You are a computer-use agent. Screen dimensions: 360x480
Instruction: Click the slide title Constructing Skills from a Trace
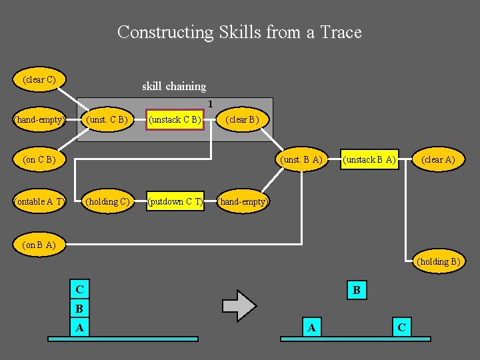pos(239,32)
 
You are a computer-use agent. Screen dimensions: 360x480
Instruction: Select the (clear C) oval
pos(39,80)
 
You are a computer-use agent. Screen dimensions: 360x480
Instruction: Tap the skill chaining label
pos(174,86)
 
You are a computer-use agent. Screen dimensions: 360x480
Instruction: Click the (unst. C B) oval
pos(107,120)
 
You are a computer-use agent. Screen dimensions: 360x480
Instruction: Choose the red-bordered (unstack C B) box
pos(175,120)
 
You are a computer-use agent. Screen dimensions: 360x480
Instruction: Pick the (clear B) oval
pos(242,120)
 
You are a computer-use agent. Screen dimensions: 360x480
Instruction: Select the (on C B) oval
pos(39,160)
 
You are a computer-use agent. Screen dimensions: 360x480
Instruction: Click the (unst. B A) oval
pos(302,160)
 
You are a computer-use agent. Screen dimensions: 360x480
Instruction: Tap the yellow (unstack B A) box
pos(369,160)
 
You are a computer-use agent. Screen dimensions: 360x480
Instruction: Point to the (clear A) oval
pos(438,160)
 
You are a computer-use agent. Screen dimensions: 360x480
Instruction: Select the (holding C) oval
pos(107,201)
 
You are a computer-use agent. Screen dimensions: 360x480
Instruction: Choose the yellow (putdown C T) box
pos(175,201)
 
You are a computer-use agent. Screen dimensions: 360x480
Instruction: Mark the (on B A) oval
pos(39,245)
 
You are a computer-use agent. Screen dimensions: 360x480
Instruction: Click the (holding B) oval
pos(438,261)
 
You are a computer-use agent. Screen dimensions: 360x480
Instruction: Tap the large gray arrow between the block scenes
pos(239,306)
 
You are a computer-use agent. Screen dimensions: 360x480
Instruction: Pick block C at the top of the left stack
pos(80,290)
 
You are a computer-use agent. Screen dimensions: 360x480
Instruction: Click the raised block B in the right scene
pos(357,290)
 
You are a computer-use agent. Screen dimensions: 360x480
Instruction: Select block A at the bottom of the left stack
pos(80,327)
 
